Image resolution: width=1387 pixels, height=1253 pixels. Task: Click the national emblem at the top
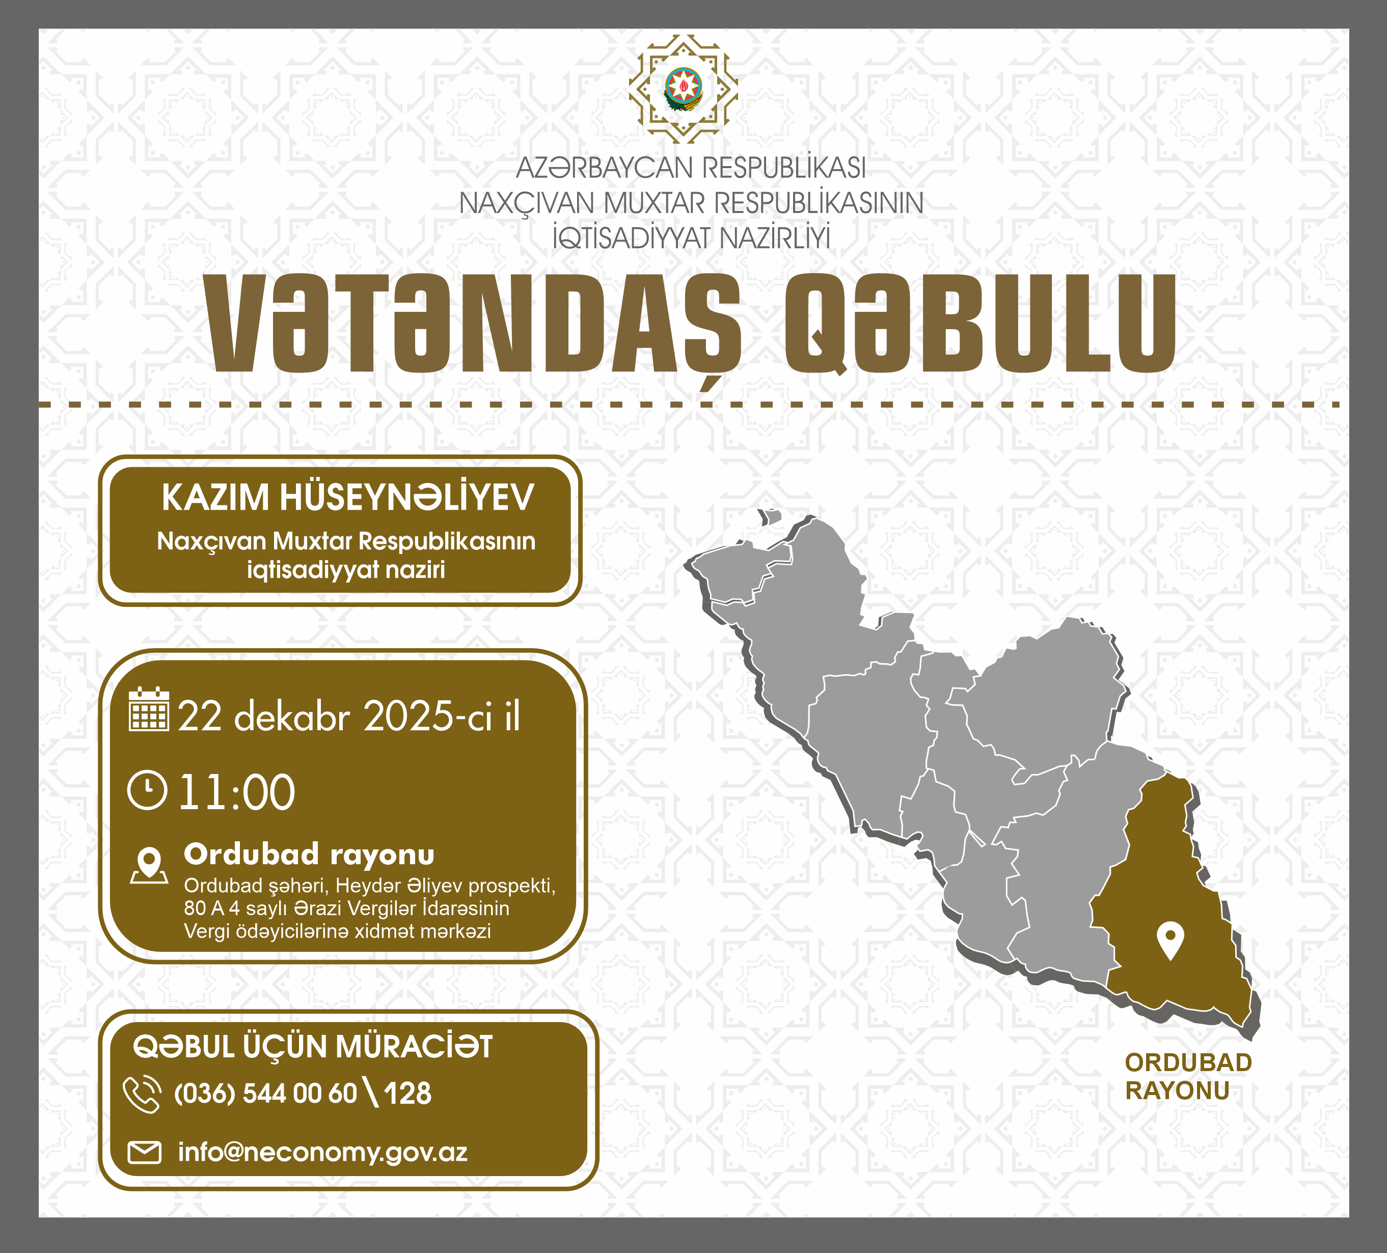pos(683,89)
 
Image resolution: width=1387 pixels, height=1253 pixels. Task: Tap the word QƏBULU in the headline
pos(981,324)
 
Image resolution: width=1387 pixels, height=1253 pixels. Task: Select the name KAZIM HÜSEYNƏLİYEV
pos(347,497)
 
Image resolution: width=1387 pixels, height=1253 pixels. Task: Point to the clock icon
pos(147,791)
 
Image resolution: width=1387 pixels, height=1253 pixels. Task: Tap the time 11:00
pos(237,793)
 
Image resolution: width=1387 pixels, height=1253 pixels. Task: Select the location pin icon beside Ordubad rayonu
pos(149,865)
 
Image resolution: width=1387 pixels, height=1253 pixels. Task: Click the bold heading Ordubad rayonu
pos(309,854)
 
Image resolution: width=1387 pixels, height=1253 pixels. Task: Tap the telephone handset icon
pos(143,1094)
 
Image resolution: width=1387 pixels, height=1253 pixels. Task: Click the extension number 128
pos(407,1094)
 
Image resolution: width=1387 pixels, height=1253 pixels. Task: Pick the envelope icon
pos(145,1153)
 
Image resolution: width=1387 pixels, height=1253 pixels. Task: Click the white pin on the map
pos(1171,941)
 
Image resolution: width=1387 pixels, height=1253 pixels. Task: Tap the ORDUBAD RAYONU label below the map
pos(1188,1077)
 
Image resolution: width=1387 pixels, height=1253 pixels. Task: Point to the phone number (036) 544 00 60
pos(265,1094)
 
